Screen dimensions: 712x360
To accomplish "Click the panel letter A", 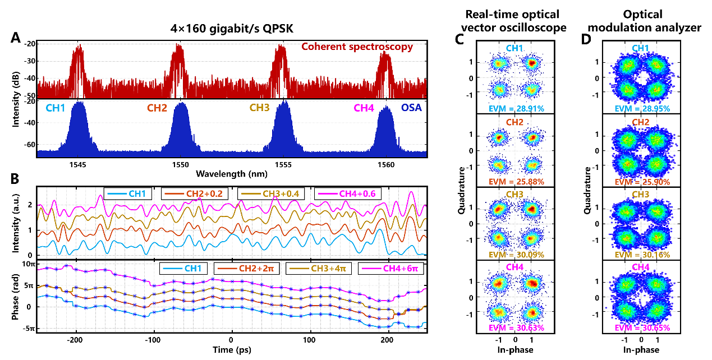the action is click(15, 38).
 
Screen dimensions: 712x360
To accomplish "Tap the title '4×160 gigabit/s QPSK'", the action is click(232, 29).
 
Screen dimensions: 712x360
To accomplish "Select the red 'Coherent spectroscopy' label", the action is click(357, 47).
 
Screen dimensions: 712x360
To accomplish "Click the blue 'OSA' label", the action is click(411, 108).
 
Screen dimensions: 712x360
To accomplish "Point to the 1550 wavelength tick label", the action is click(180, 165).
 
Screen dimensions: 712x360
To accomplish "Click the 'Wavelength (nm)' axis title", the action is click(231, 174).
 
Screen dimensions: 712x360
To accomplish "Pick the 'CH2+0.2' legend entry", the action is click(195, 193).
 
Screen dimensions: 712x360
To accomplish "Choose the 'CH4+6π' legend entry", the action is click(391, 269).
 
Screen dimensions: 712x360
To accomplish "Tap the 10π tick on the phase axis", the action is click(28, 264).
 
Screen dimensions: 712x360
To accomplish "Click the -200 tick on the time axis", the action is click(75, 340).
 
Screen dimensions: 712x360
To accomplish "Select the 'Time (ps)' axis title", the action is click(232, 350).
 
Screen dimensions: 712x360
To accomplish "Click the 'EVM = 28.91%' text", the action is click(516, 109).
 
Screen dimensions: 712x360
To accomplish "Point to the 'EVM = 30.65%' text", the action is click(642, 328).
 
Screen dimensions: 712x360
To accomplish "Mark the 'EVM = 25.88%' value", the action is click(516, 182).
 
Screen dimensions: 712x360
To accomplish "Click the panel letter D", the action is click(586, 39).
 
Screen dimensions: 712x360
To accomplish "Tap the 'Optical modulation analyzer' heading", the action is click(644, 21).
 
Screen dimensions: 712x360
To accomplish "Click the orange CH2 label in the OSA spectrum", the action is click(157, 108).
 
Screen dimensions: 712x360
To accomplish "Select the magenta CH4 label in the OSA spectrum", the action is click(364, 108).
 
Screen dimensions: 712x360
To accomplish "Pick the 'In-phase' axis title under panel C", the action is click(515, 350).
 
